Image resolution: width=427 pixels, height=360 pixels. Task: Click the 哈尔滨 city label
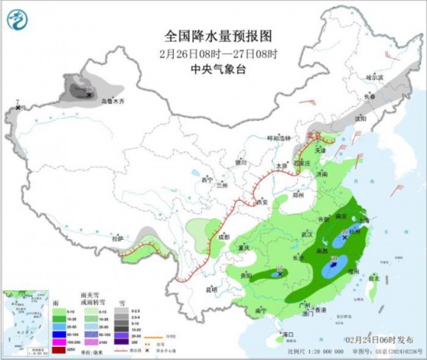[x=376, y=78]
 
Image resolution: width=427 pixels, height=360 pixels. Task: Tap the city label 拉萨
[x=117, y=238]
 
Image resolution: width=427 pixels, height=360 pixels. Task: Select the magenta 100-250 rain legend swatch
[x=58, y=340]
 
